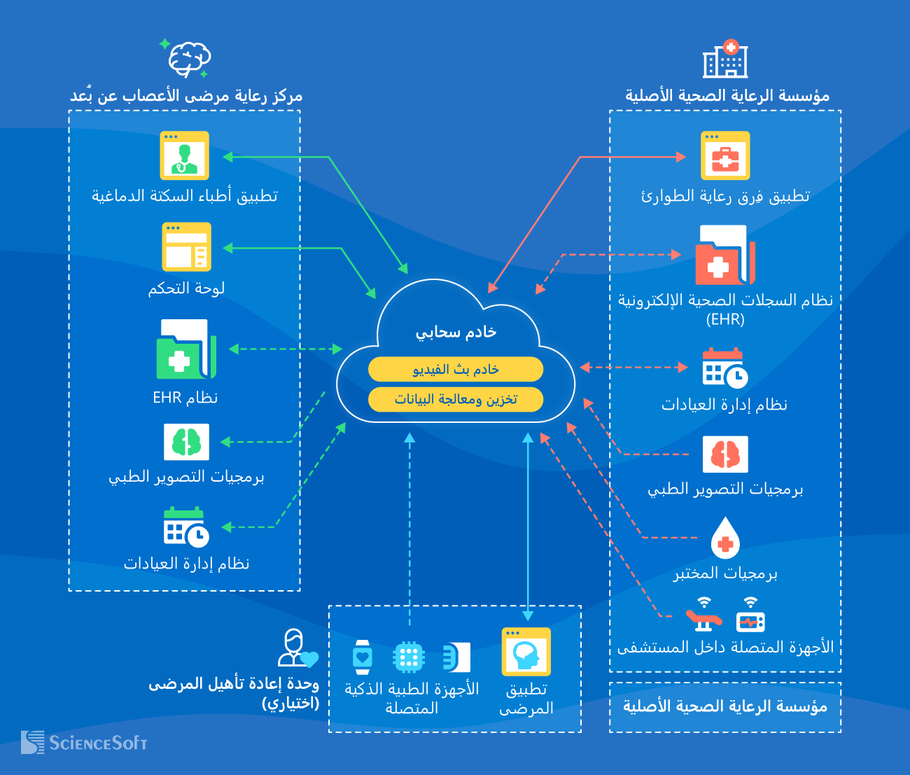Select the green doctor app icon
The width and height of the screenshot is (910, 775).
tap(184, 155)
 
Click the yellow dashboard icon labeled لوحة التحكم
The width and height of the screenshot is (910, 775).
tap(186, 247)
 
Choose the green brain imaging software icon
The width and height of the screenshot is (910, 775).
tap(186, 441)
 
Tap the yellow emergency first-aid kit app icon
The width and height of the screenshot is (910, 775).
tap(725, 155)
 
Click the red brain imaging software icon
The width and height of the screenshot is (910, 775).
tap(725, 454)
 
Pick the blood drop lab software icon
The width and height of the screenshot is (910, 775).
tap(725, 538)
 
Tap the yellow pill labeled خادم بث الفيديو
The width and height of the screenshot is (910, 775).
tap(456, 369)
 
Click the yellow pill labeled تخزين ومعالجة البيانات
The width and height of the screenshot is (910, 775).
tap(456, 399)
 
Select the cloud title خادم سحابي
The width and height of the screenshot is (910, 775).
tap(456, 333)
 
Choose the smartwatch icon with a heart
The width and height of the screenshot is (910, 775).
tap(362, 657)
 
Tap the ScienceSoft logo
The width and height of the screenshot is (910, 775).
tap(84, 742)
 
